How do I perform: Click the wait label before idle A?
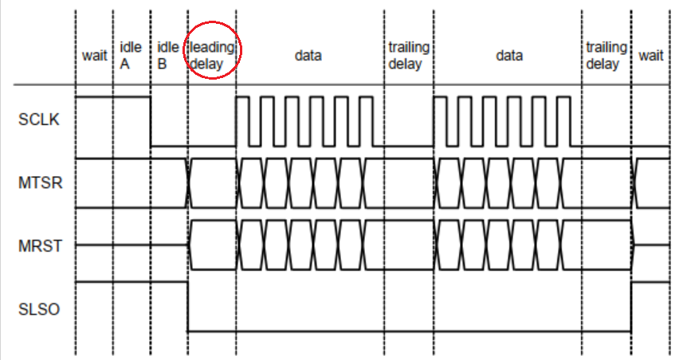click(x=94, y=55)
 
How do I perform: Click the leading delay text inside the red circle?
click(x=213, y=55)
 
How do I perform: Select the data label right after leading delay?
click(x=308, y=55)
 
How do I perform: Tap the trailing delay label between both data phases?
click(x=408, y=55)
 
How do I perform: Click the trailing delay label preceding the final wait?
click(x=606, y=55)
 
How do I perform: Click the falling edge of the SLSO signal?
click(x=188, y=307)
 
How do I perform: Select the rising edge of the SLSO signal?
click(x=631, y=307)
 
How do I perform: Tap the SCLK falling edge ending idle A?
click(x=151, y=121)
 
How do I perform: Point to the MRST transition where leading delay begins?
click(x=190, y=246)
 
